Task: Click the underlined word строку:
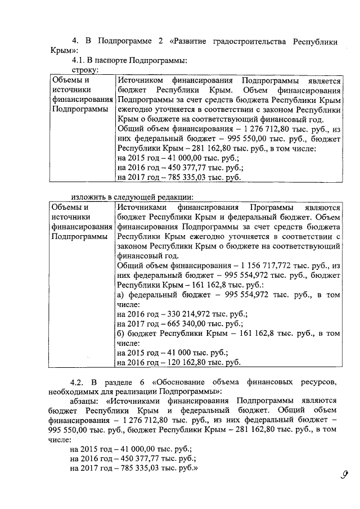point(84,70)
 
